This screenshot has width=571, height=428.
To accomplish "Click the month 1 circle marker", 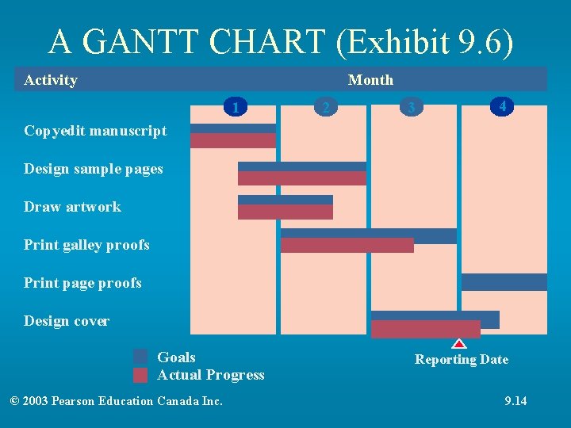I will pos(234,105).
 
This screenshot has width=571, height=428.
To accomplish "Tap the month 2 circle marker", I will pos(324,106).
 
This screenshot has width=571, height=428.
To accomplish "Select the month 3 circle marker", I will pos(410,106).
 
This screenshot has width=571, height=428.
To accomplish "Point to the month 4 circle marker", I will pos(502,105).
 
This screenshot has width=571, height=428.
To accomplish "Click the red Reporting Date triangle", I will pos(459,344).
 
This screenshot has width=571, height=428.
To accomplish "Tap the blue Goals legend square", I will pos(140,357).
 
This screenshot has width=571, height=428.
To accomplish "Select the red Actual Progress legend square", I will pos(140,375).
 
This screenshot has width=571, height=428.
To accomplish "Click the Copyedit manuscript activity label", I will pos(95,131).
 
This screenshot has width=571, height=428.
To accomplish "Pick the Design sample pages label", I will pos(93,169).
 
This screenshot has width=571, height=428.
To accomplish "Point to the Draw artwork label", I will pos(72,207).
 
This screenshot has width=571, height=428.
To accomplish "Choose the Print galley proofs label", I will pos(86,245).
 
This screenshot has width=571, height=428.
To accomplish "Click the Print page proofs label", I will pos(82,283).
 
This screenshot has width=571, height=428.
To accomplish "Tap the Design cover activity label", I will pos(67,321).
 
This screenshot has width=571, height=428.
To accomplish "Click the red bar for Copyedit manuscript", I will pos(232,140).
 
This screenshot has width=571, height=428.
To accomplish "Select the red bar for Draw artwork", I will pos(285,212).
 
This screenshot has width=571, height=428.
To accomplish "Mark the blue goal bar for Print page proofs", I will pos(504,282).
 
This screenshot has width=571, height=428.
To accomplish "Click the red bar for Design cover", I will pos(425,329).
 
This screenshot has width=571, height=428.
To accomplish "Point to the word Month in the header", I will pos(370,79).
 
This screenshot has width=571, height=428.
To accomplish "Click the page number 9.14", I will pos(515,401).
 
